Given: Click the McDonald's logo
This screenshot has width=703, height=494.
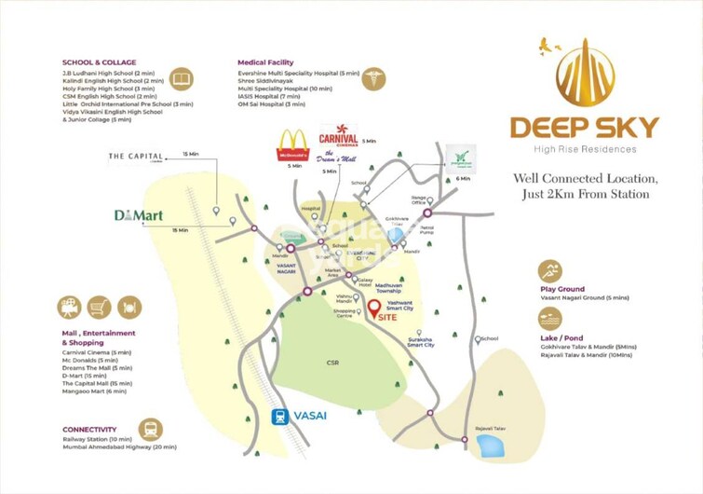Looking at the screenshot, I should click(293, 144).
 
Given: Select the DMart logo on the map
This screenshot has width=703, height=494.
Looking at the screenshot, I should click(138, 215).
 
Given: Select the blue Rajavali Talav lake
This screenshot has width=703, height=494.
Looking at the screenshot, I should click(489, 446).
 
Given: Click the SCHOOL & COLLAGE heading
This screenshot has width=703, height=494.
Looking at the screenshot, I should click(94, 62).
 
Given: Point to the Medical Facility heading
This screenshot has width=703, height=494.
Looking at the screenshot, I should click(270, 62).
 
